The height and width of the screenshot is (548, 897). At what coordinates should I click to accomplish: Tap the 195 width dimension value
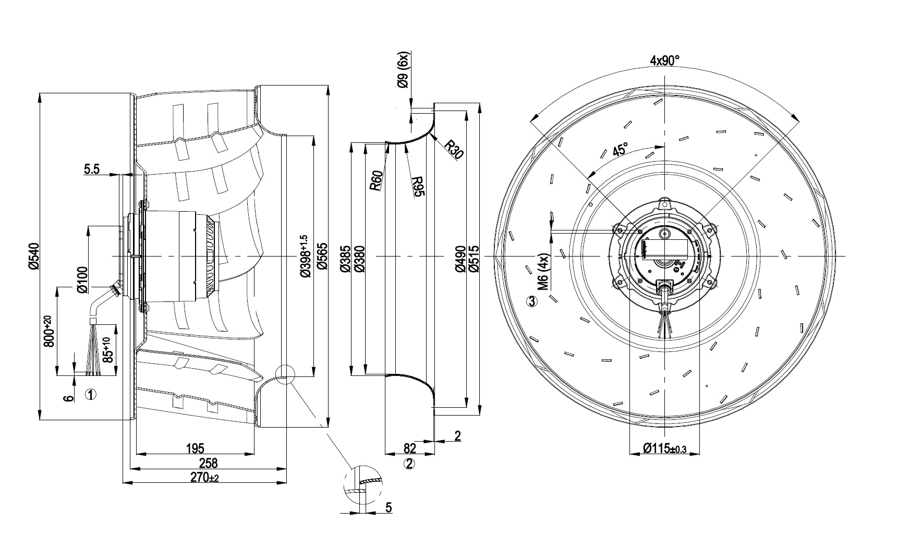click(195, 448)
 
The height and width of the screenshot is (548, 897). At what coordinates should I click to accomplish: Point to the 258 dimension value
click(208, 462)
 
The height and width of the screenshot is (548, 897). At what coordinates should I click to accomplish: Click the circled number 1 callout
click(90, 395)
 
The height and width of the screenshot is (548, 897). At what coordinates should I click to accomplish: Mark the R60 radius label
click(377, 180)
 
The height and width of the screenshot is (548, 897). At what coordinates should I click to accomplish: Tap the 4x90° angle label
click(665, 60)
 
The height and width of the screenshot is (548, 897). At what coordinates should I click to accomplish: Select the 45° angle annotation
click(620, 151)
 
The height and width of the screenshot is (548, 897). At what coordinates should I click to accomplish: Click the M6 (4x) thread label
click(543, 272)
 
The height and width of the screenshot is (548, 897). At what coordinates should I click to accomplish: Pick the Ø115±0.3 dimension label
click(664, 448)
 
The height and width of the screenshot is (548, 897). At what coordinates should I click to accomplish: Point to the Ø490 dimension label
click(460, 259)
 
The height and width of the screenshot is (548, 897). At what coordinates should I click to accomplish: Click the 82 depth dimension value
click(410, 448)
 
